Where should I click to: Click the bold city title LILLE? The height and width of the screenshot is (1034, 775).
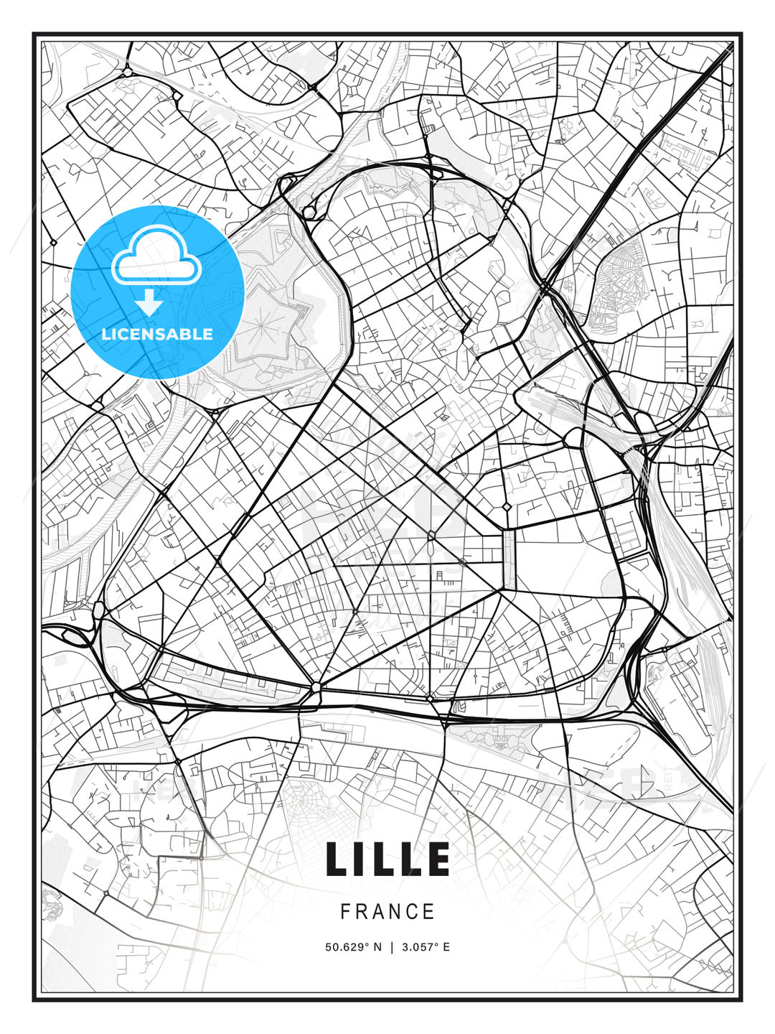click(387, 859)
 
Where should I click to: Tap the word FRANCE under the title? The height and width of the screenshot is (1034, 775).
click(387, 912)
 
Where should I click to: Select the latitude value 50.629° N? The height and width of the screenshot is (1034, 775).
click(353, 947)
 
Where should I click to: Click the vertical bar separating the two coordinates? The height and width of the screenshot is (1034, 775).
click(392, 947)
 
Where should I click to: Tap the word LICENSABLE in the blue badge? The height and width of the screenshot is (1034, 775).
click(157, 334)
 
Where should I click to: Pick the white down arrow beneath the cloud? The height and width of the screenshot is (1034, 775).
click(149, 302)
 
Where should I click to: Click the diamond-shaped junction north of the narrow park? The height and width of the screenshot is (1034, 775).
click(507, 507)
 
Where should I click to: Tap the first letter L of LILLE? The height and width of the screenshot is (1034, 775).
click(338, 859)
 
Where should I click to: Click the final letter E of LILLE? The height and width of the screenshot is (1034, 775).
click(438, 859)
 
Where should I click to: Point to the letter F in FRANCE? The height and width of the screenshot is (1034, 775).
click(345, 912)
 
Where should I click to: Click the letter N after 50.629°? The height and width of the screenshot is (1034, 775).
click(378, 947)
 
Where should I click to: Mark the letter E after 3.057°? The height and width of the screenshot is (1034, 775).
click(446, 947)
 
